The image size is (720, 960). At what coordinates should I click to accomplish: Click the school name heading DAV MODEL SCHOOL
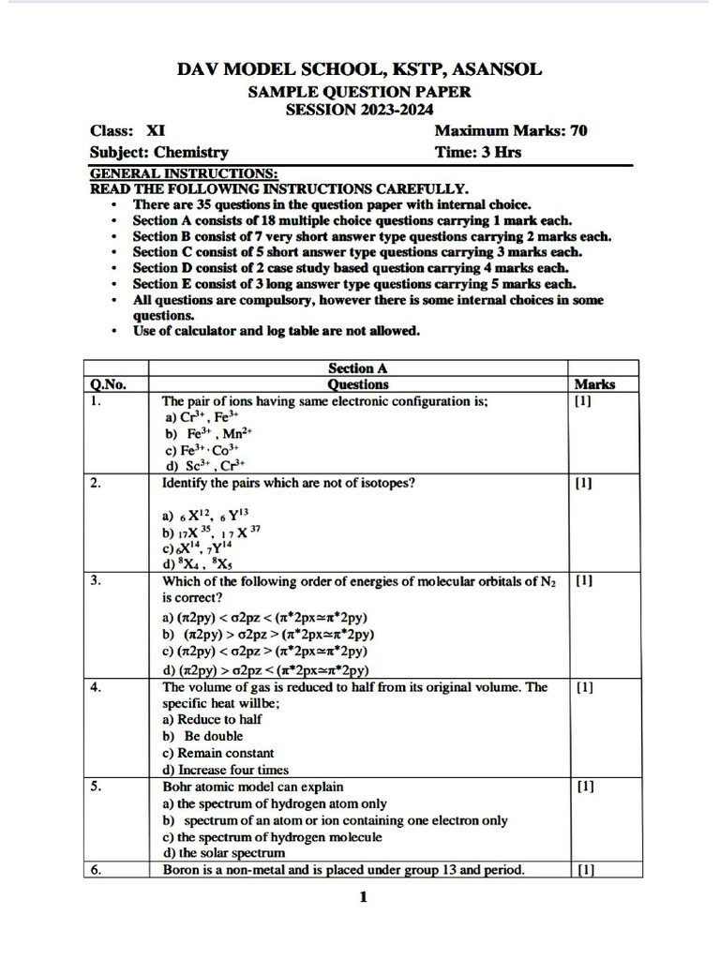[x=359, y=69]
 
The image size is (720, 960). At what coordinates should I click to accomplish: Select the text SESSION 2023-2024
[x=359, y=110]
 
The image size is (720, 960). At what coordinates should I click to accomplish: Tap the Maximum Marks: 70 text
[x=511, y=131]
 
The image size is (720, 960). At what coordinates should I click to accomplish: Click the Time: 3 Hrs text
[x=478, y=152]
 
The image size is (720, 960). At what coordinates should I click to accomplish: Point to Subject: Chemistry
[x=158, y=152]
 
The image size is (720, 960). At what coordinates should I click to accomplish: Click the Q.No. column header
[x=109, y=384]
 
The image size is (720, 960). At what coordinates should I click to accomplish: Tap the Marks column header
[x=594, y=384]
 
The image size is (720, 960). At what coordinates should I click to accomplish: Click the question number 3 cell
[x=97, y=581]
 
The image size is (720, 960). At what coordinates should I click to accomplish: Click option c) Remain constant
[x=218, y=753]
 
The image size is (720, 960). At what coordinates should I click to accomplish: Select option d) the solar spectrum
[x=224, y=853]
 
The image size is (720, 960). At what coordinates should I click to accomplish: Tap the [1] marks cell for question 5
[x=584, y=787]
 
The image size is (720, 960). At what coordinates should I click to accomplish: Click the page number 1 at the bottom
[x=363, y=898]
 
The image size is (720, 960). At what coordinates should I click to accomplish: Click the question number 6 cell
[x=97, y=870]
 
